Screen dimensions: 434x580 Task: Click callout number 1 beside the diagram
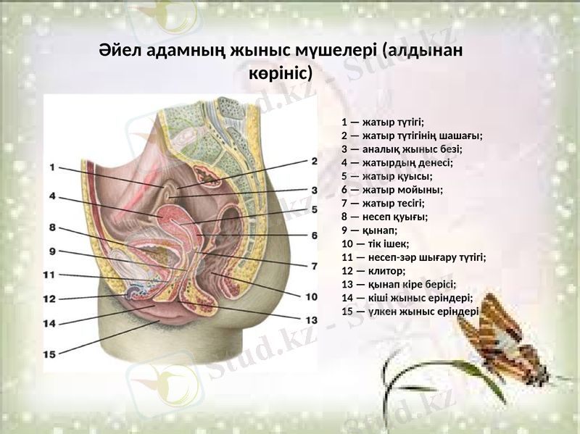click(x=53, y=167)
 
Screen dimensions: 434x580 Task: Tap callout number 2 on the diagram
click(x=314, y=161)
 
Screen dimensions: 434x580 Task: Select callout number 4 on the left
click(x=53, y=196)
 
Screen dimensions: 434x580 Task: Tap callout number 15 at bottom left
click(x=49, y=354)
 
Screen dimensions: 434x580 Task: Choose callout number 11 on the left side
click(x=49, y=275)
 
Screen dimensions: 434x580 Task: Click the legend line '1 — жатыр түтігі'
click(x=383, y=122)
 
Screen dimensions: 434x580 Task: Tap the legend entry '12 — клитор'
click(x=375, y=270)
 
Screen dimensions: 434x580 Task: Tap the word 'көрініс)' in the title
click(x=281, y=73)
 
